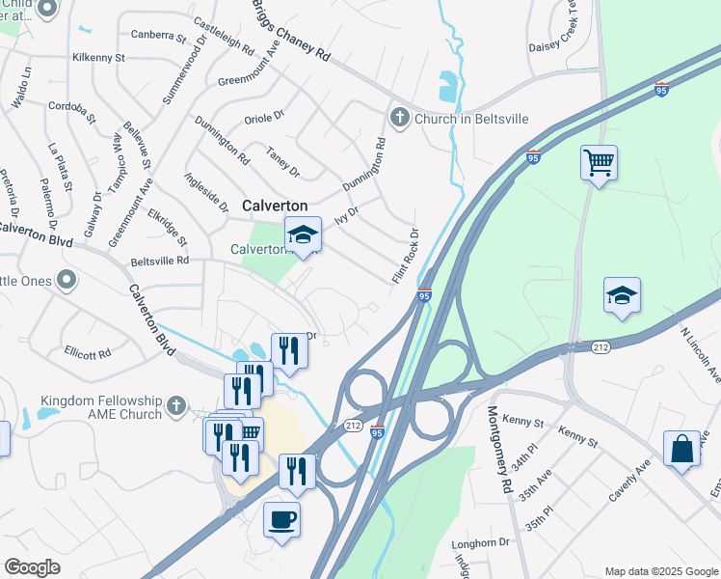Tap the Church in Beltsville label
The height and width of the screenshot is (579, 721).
point(471,118)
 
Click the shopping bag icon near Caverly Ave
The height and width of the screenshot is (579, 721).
point(681,449)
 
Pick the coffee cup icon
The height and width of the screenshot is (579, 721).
point(281,519)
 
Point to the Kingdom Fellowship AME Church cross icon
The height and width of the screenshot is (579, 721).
point(175,406)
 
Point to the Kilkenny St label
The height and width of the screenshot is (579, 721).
point(99,58)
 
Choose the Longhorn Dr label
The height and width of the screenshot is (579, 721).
point(480,542)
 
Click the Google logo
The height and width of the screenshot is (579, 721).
point(32,567)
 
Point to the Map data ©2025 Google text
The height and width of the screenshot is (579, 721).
point(660,570)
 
